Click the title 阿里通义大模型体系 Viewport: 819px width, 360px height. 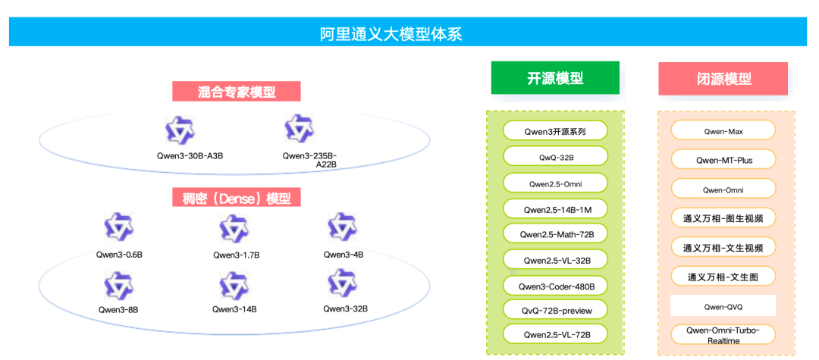point(391,34)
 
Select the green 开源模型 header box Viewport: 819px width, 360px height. point(555,78)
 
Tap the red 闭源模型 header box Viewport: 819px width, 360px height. point(723,79)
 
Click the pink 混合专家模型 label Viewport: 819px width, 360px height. point(237,92)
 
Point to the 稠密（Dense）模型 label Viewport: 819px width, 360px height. point(237,199)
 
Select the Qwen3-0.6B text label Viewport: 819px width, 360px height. point(119,255)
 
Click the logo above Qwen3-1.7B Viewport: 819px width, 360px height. point(234,228)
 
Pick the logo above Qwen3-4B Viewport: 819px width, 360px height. point(343,227)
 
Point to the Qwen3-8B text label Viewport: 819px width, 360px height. point(118,309)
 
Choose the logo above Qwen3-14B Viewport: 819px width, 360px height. point(234,285)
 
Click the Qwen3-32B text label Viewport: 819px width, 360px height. point(345,308)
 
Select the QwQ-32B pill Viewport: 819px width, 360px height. point(555,157)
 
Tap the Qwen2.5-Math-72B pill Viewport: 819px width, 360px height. point(555,234)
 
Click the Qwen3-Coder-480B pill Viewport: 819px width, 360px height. point(555,286)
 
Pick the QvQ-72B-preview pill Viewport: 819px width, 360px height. point(555,311)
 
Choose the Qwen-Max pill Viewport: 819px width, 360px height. point(723,131)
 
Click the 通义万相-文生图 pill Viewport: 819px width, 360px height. point(723,277)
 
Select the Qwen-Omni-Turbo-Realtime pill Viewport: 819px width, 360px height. point(723,335)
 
